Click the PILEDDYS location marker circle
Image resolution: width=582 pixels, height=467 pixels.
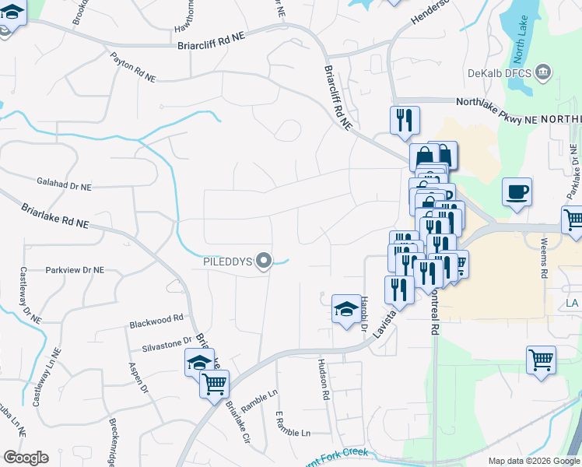[x=265, y=262]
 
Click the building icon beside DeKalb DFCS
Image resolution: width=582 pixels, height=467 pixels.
[x=544, y=74]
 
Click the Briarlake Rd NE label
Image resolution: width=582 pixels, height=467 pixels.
[x=54, y=216]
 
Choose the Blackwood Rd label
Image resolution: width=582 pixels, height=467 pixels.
[x=156, y=318]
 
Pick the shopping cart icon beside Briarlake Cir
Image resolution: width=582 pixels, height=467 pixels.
[x=214, y=383]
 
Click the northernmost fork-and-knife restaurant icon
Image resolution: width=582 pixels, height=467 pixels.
[x=405, y=119]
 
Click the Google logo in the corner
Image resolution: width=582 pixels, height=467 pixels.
[x=26, y=458]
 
